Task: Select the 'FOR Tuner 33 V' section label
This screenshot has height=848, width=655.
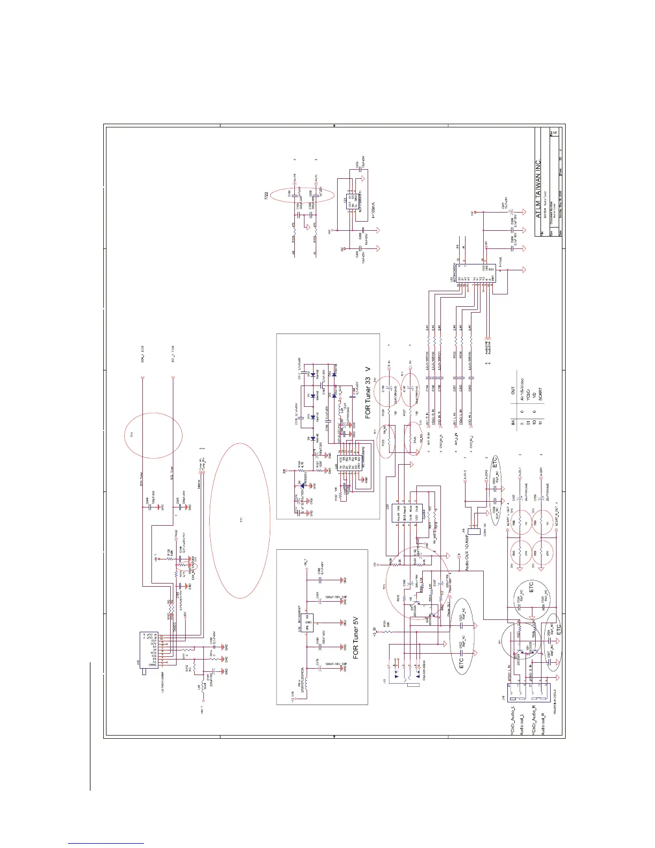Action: (x=368, y=393)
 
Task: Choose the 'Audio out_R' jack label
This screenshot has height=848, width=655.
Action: (x=543, y=717)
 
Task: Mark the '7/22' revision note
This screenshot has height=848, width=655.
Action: (x=266, y=196)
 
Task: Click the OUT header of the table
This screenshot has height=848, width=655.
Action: (x=513, y=391)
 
